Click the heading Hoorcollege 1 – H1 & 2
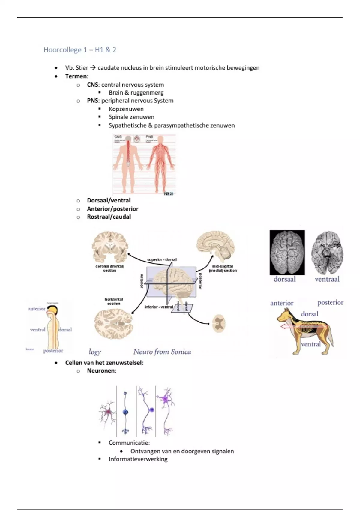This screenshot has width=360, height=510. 80,50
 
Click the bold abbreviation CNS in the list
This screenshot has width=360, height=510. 92,85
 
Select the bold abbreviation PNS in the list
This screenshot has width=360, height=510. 93,100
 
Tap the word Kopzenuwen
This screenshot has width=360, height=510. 126,109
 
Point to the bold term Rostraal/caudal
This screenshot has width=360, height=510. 109,217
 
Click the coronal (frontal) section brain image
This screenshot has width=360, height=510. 110,247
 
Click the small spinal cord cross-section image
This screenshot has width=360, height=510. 219,324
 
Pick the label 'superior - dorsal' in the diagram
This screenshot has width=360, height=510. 162,259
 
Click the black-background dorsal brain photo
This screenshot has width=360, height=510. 287,253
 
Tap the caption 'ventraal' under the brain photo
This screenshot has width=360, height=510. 327,279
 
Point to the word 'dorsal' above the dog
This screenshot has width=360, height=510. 310,314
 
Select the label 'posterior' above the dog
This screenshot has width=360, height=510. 330,302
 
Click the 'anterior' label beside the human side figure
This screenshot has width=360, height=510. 36,309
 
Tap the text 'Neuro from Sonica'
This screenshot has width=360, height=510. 162,352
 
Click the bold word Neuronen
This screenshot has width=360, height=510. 101,370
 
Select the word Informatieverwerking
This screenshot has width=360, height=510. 138,459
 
